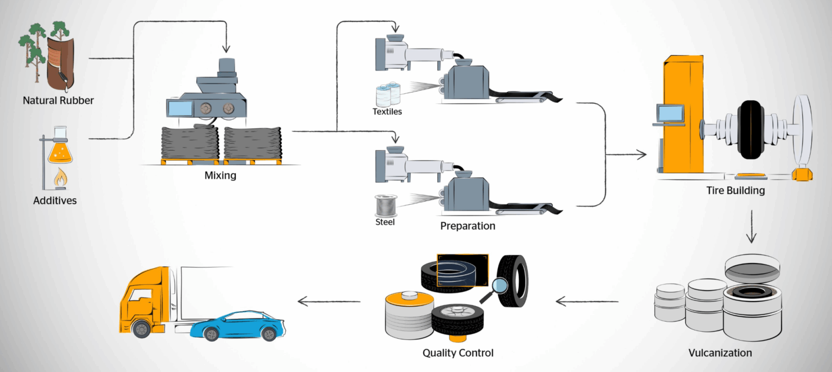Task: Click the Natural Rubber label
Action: pyautogui.click(x=58, y=100)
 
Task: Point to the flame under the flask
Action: pyautogui.click(x=61, y=177)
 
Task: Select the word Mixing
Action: pyautogui.click(x=220, y=175)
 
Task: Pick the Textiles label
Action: pyautogui.click(x=387, y=111)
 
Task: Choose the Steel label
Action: pyautogui.click(x=385, y=222)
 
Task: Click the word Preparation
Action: pyautogui.click(x=468, y=226)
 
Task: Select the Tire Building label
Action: pyautogui.click(x=735, y=191)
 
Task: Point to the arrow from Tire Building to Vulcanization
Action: pyautogui.click(x=751, y=227)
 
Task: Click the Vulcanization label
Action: pyautogui.click(x=720, y=353)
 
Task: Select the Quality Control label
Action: pyautogui.click(x=458, y=353)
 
